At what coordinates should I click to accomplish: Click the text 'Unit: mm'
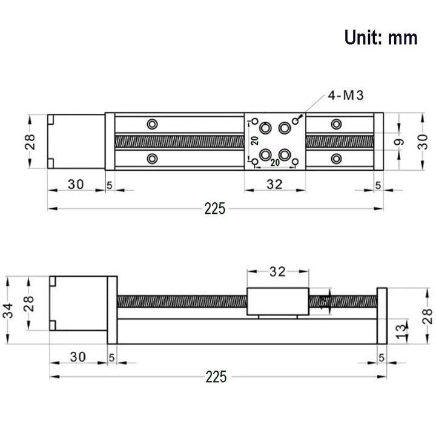381,38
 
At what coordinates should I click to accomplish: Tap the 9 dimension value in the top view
398,143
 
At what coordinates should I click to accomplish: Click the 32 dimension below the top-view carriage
275,185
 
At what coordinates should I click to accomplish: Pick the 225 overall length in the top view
214,209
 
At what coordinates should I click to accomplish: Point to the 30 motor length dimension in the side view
76,354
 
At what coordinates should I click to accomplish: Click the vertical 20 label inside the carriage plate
255,141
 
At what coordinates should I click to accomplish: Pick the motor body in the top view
76,142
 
